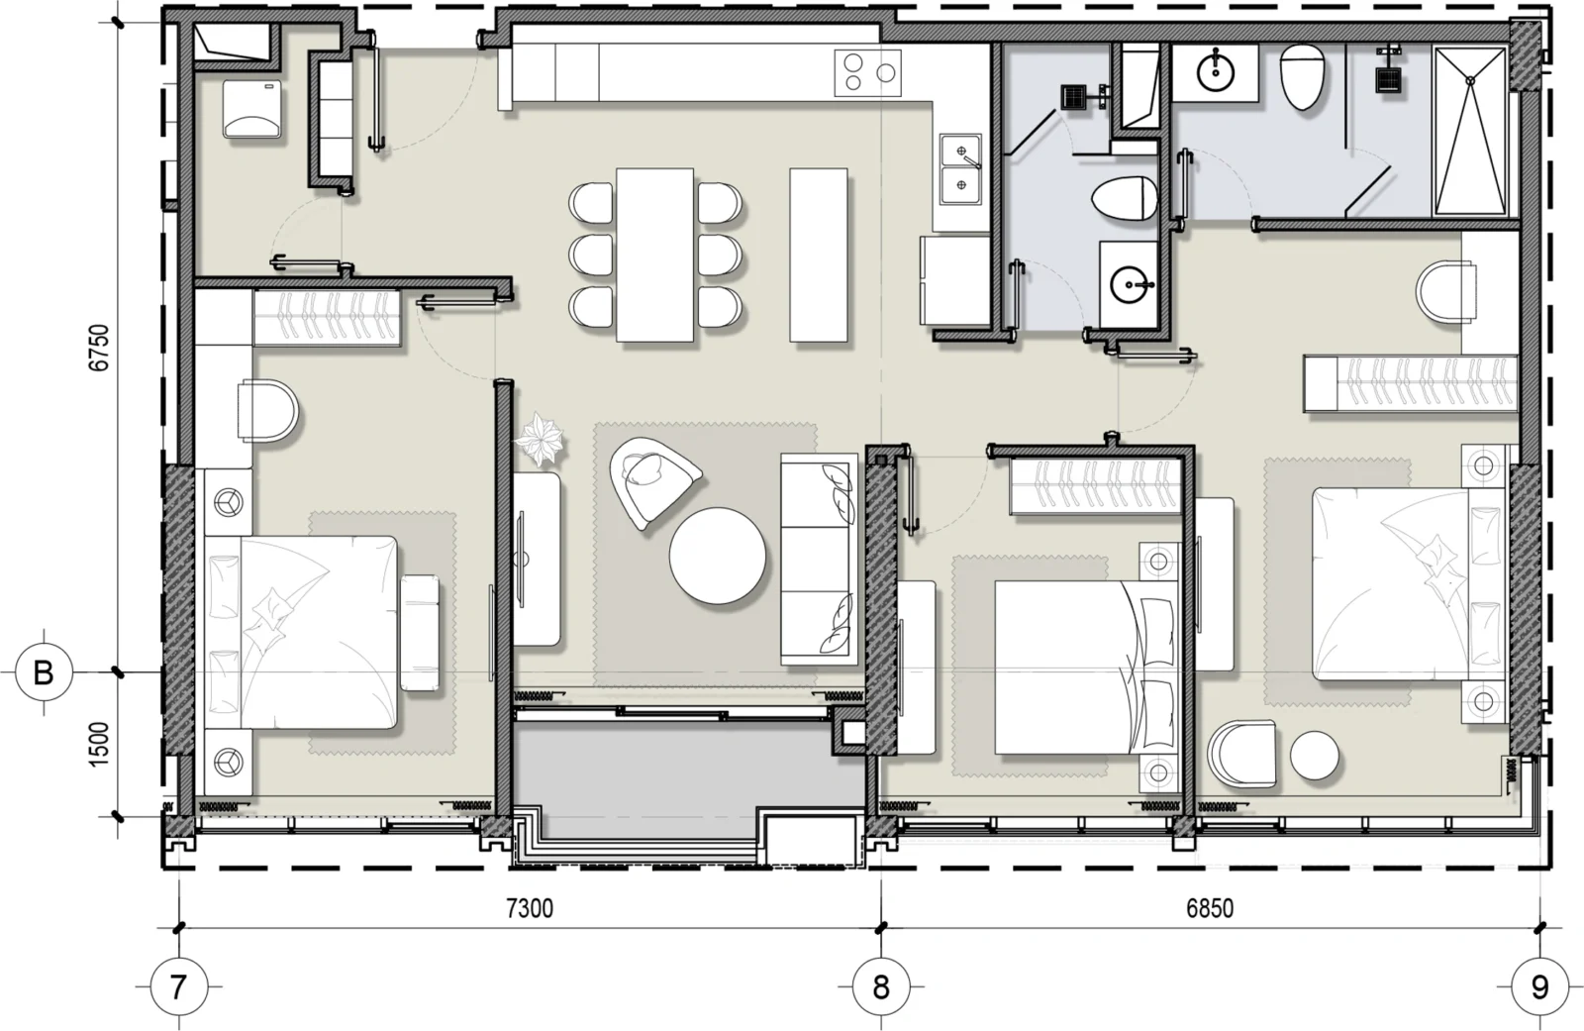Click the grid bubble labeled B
(x=44, y=672)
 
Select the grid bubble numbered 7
(x=178, y=986)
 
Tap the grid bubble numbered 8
(x=880, y=986)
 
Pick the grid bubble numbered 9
(x=1540, y=986)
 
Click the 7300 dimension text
(x=530, y=908)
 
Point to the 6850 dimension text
(x=1210, y=908)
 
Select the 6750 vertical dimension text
(x=100, y=348)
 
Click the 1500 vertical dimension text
(x=100, y=744)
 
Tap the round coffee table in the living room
(x=717, y=556)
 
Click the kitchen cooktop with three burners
(x=867, y=73)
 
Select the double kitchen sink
(x=961, y=169)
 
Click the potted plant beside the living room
(x=540, y=440)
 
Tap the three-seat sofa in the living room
(x=819, y=559)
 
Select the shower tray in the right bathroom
(x=1469, y=131)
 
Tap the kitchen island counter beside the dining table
(x=818, y=256)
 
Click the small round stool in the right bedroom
(x=1314, y=756)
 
